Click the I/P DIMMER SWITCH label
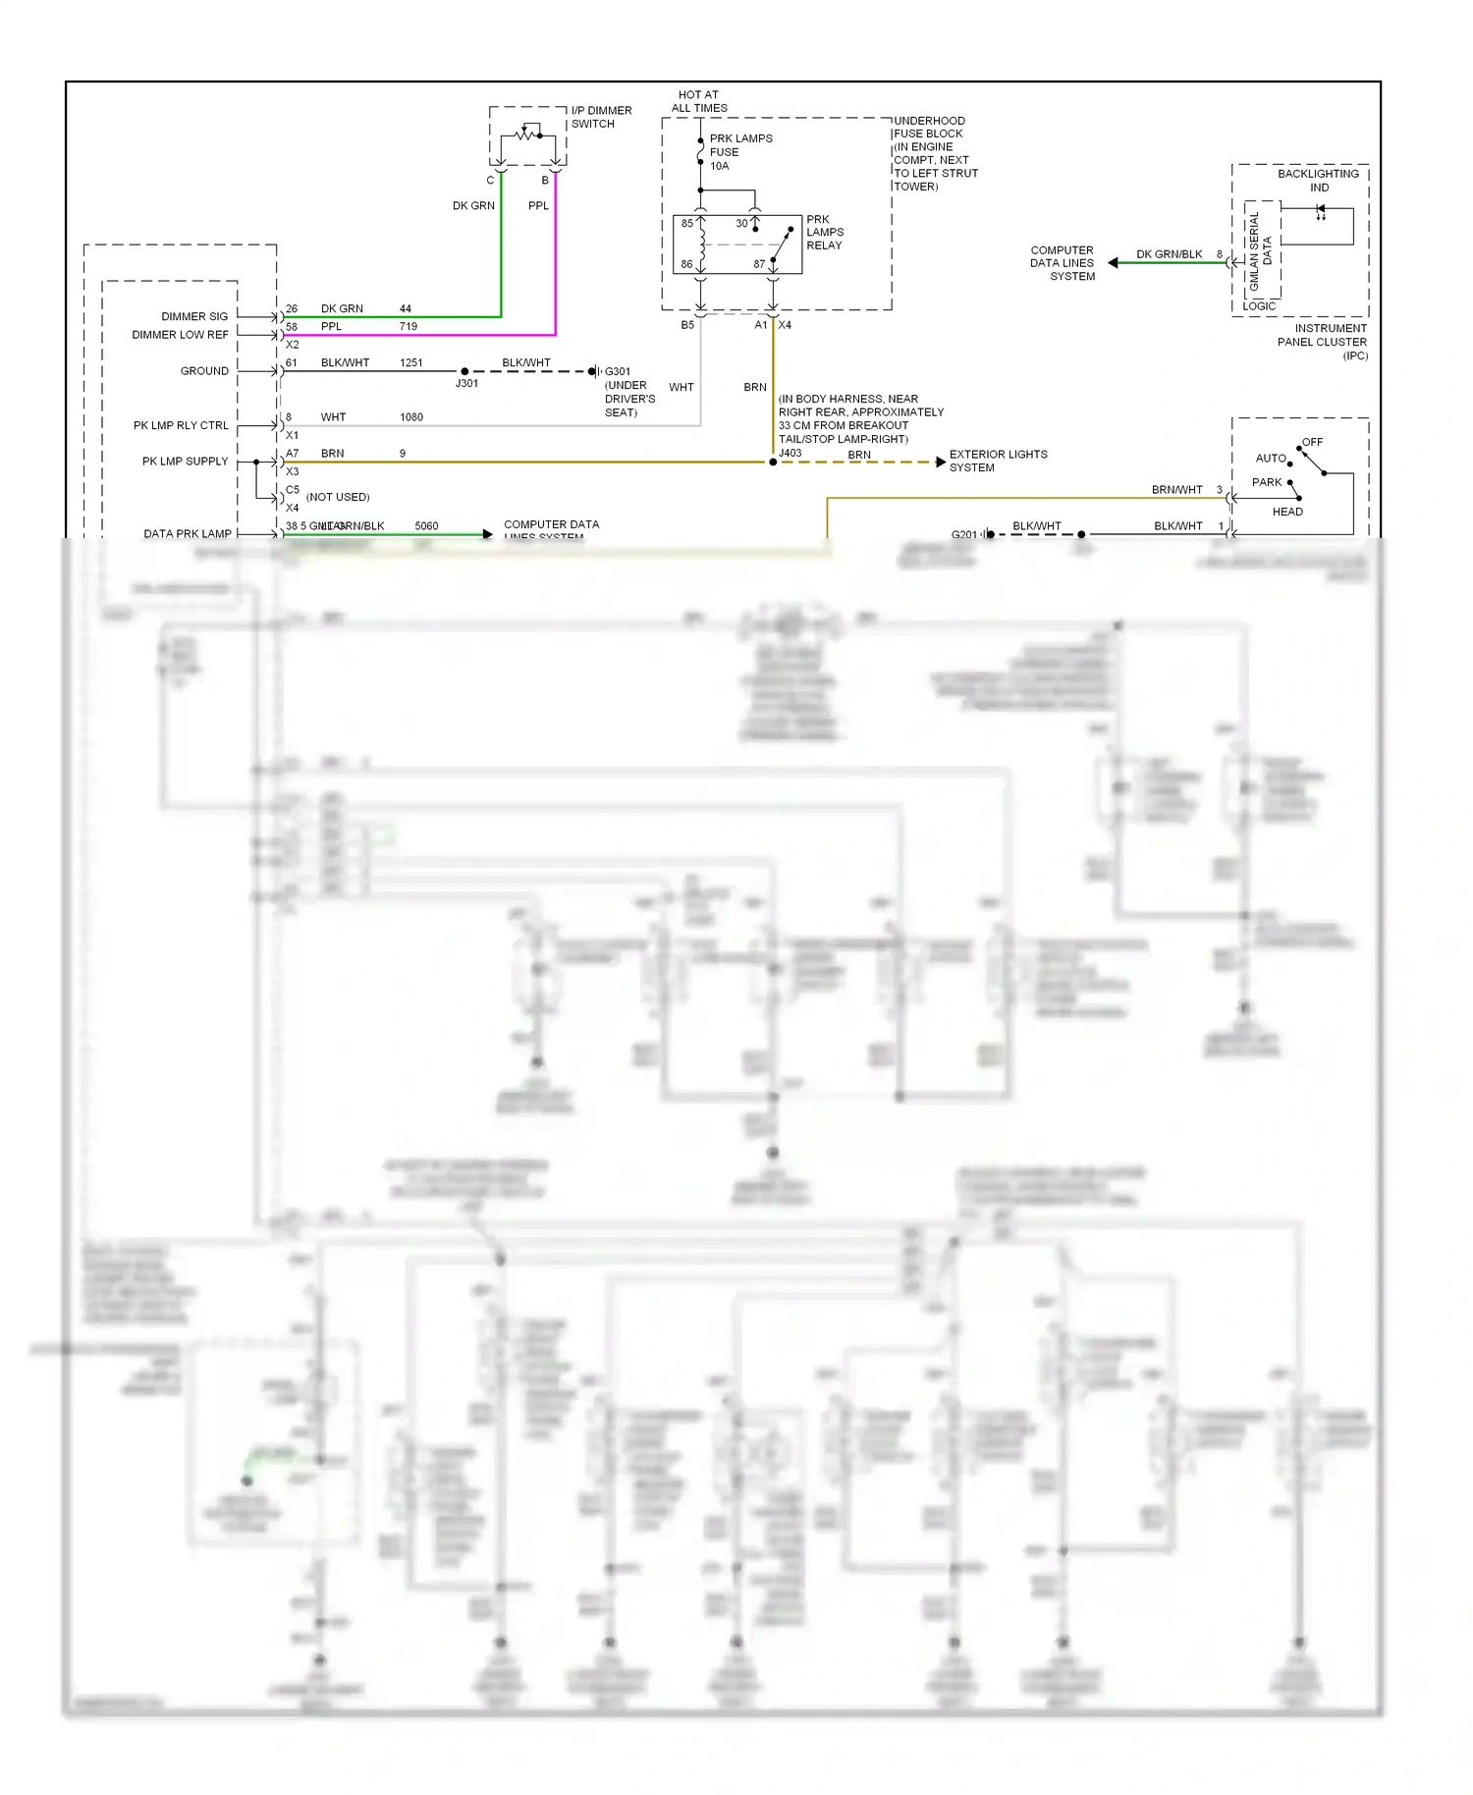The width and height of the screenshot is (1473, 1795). pyautogui.click(x=600, y=117)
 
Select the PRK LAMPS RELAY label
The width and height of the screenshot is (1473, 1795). pyautogui.click(x=825, y=233)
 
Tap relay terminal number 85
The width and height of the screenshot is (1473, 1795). pyautogui.click(x=687, y=224)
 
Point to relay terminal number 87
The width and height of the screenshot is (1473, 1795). pyautogui.click(x=759, y=264)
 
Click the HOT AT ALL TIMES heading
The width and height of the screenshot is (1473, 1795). pyautogui.click(x=699, y=102)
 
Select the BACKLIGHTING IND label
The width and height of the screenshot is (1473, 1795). pyautogui.click(x=1318, y=181)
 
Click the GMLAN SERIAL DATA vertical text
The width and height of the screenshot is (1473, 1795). pyautogui.click(x=1260, y=250)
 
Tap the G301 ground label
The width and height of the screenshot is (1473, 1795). pyautogui.click(x=618, y=371)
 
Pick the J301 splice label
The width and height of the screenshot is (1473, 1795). pyautogui.click(x=466, y=384)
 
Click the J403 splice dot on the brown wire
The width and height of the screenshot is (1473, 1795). pyautogui.click(x=773, y=462)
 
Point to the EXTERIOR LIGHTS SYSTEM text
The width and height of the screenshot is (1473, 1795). pyautogui.click(x=997, y=461)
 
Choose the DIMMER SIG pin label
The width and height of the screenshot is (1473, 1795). pyautogui.click(x=194, y=316)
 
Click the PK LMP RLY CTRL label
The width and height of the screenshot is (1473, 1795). pyautogui.click(x=181, y=425)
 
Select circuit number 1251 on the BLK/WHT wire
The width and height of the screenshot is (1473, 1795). pyautogui.click(x=410, y=363)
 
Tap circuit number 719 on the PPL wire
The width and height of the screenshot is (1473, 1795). pyautogui.click(x=408, y=327)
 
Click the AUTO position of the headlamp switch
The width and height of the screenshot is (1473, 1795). pyautogui.click(x=1270, y=459)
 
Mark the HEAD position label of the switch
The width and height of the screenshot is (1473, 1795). pyautogui.click(x=1286, y=512)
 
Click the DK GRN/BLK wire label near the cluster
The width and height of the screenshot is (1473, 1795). pyautogui.click(x=1169, y=254)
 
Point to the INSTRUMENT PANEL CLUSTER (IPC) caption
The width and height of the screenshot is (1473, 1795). pyautogui.click(x=1322, y=342)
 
